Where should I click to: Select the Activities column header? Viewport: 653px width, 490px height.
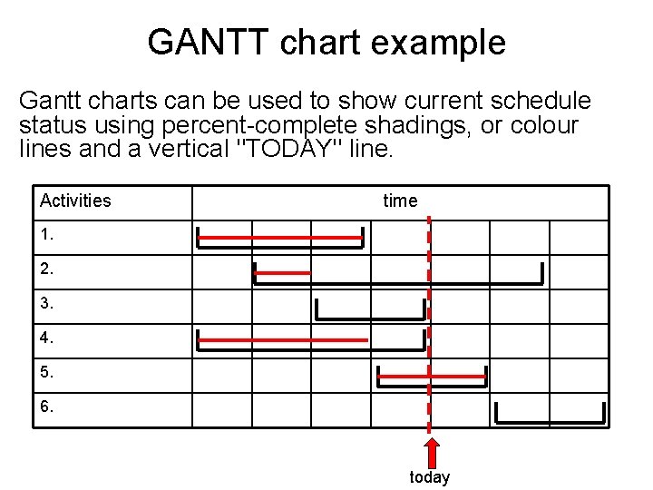(75, 201)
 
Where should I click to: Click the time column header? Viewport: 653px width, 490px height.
(400, 201)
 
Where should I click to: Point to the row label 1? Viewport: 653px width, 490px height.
(47, 235)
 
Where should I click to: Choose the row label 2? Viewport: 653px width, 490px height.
(47, 269)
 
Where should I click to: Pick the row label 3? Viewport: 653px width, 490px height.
(47, 304)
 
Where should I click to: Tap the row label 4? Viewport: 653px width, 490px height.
(47, 338)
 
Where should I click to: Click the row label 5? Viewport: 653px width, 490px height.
(47, 372)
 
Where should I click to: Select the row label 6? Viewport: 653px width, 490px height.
(47, 407)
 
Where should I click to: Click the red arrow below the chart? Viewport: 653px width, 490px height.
(433, 453)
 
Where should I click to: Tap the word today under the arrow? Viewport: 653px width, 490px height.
(429, 477)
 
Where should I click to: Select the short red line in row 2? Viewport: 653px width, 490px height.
(283, 272)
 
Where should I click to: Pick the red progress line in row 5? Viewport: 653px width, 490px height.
(432, 376)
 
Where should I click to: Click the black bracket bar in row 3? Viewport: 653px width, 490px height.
(369, 318)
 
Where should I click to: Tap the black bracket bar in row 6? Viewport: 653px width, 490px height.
(550, 422)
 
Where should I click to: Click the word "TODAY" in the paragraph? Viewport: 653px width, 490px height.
(288, 149)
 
